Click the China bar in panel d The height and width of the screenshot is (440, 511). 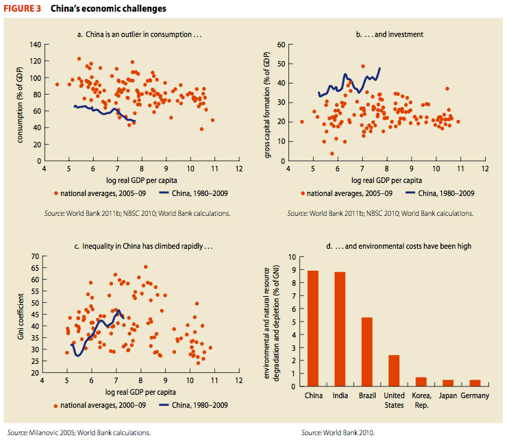click(313, 328)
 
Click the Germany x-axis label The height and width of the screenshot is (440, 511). click(475, 396)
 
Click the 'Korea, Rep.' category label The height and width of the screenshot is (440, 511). click(422, 400)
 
